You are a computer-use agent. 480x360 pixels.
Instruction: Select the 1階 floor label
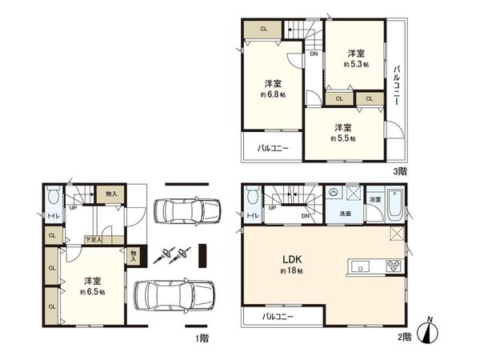tap(202, 338)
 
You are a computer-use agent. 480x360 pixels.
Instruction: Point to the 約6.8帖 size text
tap(273, 94)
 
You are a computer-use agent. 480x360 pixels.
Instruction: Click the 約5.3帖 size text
tap(357, 63)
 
